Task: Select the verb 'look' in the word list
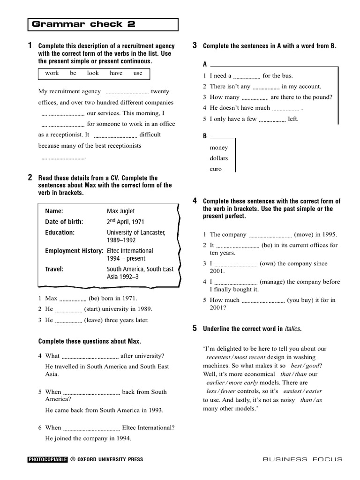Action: tap(93, 73)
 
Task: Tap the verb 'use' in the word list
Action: tap(137, 73)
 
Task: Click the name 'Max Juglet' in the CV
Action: tap(120, 211)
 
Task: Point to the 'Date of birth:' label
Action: tap(64, 222)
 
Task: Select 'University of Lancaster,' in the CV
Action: tap(136, 232)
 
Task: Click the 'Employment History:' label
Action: tap(74, 251)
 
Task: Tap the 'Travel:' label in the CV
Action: tap(54, 269)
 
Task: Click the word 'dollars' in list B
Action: tap(219, 158)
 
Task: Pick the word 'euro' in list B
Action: tap(216, 169)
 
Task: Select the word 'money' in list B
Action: tap(219, 148)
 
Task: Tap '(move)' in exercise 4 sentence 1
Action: tap(304, 234)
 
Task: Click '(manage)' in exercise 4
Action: tap(273, 282)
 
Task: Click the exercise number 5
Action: tap(195, 328)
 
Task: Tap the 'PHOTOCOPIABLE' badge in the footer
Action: tap(47, 460)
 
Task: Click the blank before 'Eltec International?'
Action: tap(91, 428)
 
